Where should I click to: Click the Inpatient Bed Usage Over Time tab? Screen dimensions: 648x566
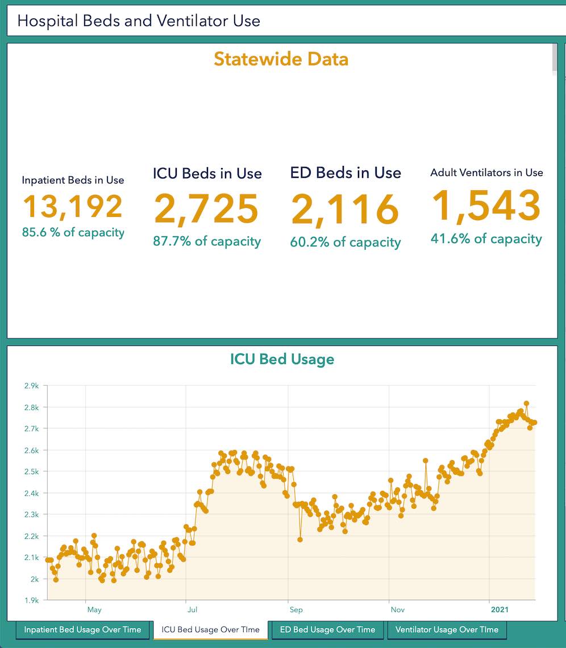83,629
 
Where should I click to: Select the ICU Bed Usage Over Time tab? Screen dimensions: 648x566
210,629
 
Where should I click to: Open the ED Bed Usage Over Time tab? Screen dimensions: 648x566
328,629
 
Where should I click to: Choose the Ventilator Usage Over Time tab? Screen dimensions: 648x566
447,629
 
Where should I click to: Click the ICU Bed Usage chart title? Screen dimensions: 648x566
282,359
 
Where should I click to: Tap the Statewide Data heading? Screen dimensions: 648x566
281,59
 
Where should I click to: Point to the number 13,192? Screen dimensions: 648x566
73,207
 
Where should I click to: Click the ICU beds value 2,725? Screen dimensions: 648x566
206,208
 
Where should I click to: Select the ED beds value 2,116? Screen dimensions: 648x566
345,208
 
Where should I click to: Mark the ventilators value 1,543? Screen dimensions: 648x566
486,206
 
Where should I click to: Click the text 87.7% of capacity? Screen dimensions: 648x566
207,241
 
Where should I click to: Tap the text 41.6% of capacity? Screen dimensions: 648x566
486,239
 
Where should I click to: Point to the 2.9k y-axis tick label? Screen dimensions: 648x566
31,386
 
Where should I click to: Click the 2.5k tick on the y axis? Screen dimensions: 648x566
31,472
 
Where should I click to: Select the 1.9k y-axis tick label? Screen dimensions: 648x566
31,600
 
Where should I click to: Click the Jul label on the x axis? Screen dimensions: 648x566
192,610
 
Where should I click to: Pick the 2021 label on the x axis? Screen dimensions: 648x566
500,610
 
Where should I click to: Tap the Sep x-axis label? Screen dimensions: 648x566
296,610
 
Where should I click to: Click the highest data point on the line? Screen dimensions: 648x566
526,403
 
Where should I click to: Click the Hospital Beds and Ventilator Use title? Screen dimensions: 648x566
139,21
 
